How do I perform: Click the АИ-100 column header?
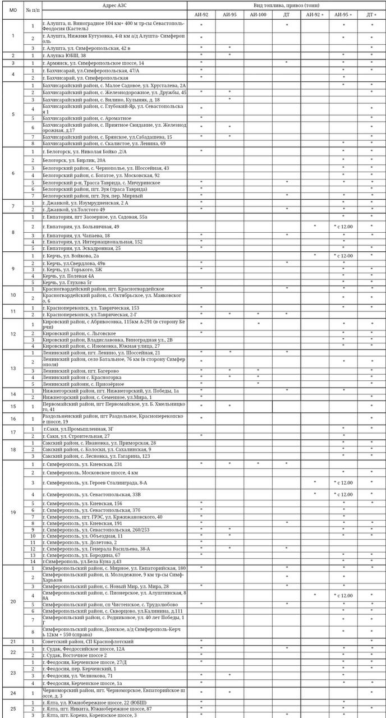pos(258,14)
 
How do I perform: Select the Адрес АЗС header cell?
pos(114,4)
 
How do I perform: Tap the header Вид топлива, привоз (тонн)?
pos(286,4)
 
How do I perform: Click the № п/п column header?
pos(33,10)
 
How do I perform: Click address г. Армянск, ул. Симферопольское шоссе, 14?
pos(93,63)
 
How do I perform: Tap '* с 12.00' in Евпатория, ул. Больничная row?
pos(343,226)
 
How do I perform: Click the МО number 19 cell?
pos(13,512)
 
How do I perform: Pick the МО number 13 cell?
pos(13,368)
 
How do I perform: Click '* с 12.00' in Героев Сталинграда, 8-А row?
pos(343,482)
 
